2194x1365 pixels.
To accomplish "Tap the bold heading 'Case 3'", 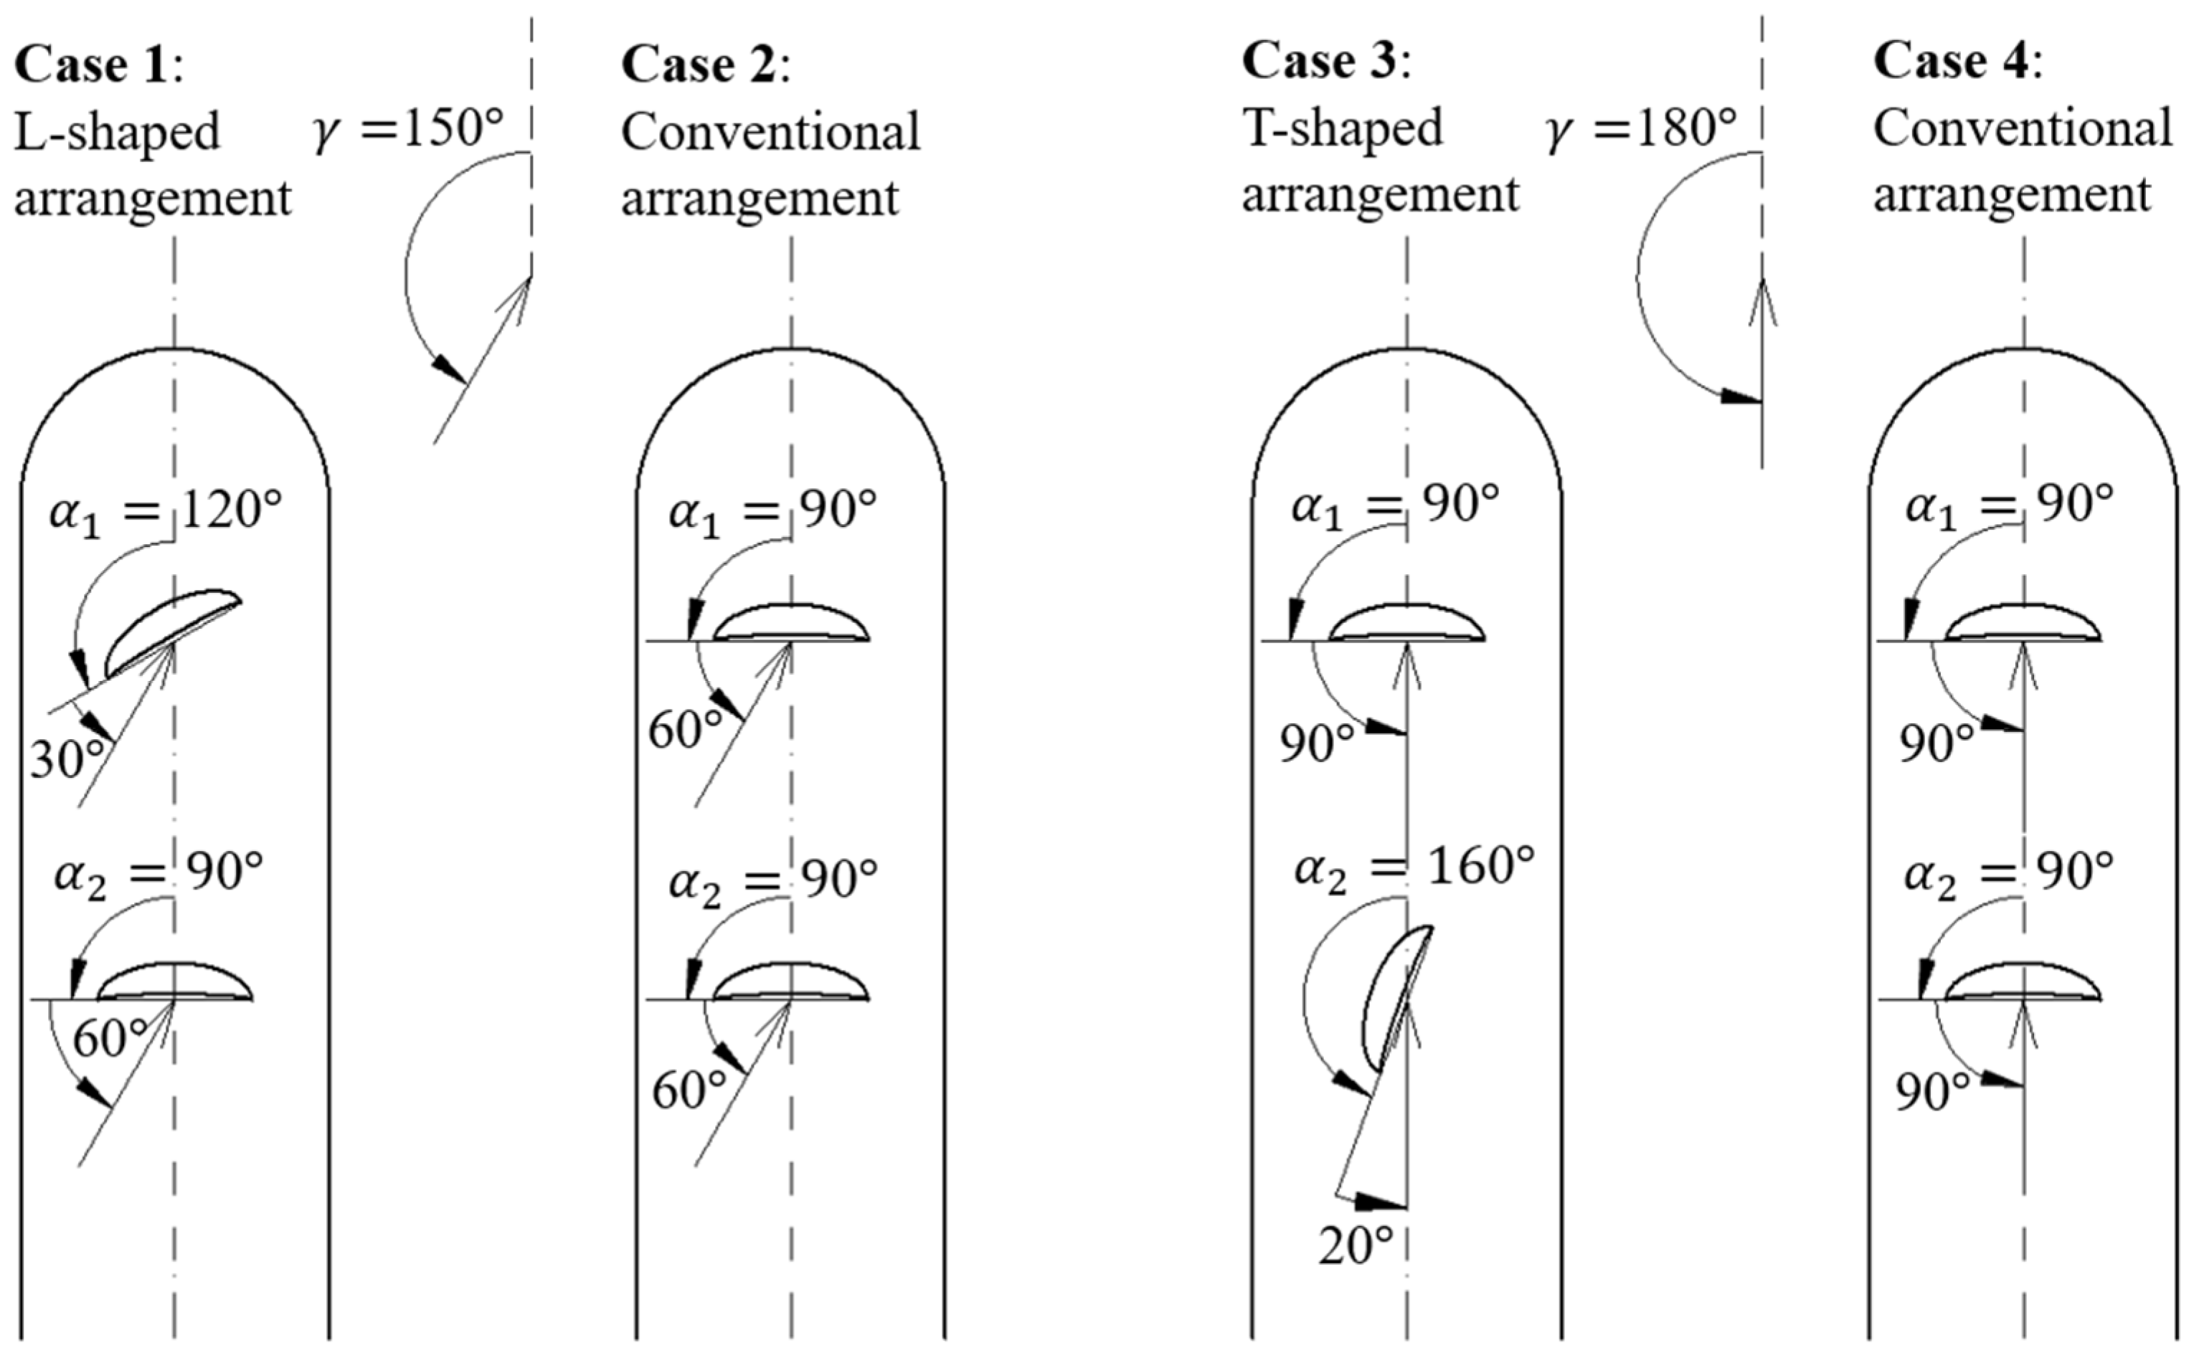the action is coord(1319,62).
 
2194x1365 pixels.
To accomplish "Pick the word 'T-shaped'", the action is coord(1343,128).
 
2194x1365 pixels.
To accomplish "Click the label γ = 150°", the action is coord(408,129).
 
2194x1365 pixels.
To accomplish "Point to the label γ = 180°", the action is coord(1642,129).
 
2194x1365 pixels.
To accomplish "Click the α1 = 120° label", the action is coord(165,512).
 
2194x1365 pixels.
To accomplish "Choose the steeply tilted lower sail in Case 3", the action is coord(1394,997).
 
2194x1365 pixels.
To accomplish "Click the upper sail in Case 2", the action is coord(791,623).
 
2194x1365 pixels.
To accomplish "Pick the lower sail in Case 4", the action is coord(2023,982).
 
